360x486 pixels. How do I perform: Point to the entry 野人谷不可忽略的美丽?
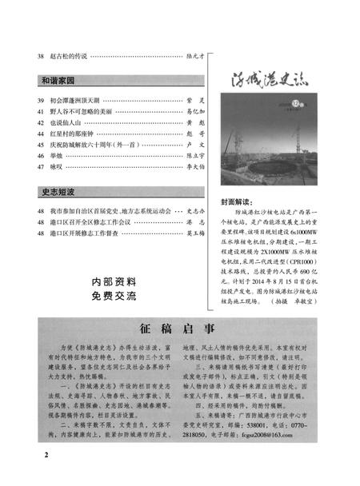click(x=84, y=113)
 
